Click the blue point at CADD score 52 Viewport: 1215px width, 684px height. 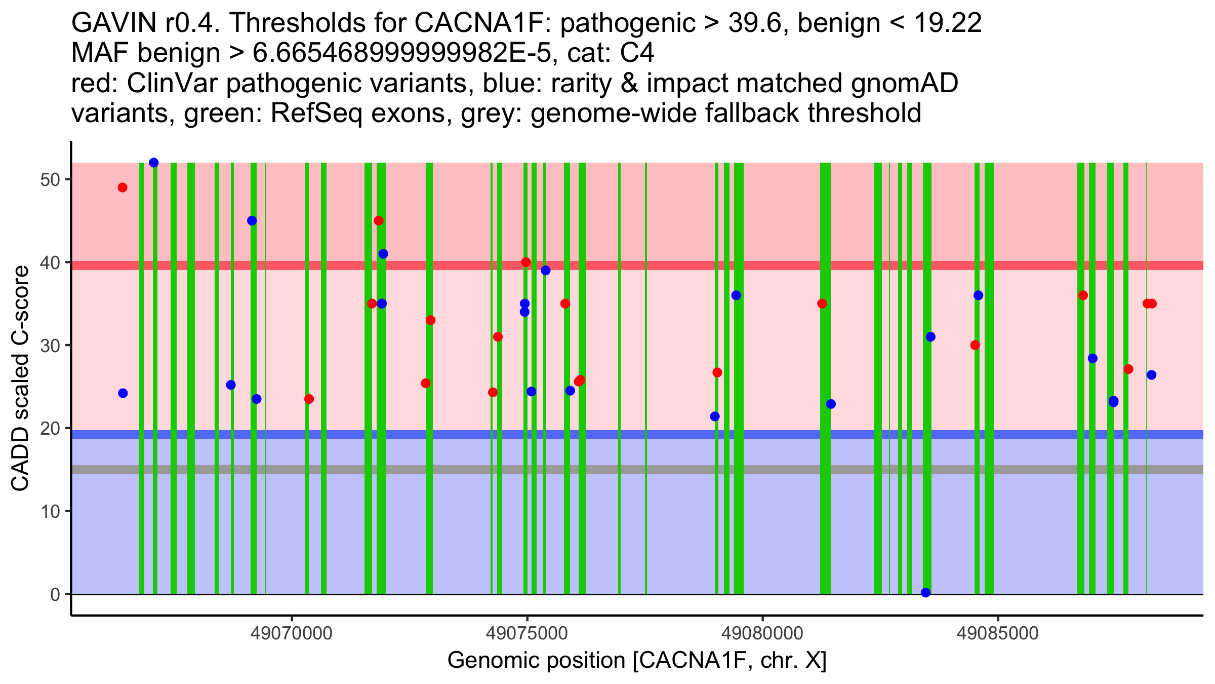(x=154, y=163)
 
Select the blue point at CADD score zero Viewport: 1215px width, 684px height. (x=926, y=592)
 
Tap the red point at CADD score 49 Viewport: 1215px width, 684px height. (x=123, y=187)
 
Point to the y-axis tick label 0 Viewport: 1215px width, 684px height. (x=55, y=594)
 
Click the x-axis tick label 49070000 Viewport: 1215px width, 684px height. (x=292, y=633)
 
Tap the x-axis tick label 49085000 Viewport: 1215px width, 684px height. (x=998, y=633)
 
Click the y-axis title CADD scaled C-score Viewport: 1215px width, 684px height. (x=20, y=378)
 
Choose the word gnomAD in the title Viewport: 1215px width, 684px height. (x=904, y=84)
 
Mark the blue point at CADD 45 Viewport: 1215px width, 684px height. (x=252, y=221)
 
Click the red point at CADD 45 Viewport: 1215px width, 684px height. (x=379, y=221)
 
